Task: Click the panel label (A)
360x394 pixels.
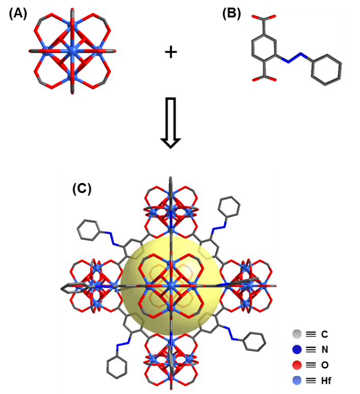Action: tap(18, 13)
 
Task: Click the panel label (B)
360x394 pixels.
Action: tap(232, 13)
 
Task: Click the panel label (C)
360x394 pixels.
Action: tap(82, 189)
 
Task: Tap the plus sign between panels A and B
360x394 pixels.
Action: tap(171, 52)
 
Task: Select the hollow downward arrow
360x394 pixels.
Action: tap(171, 123)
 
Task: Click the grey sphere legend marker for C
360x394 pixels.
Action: tap(297, 334)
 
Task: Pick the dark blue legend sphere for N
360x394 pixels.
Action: tap(297, 350)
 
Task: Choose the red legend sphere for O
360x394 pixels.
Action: tap(297, 365)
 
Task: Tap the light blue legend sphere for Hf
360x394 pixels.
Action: tap(297, 380)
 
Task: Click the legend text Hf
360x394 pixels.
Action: tap(326, 381)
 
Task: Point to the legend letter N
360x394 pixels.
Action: tap(324, 350)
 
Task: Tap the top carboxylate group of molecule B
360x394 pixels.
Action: tap(264, 19)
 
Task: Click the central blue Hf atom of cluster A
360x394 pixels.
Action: tap(72, 51)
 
